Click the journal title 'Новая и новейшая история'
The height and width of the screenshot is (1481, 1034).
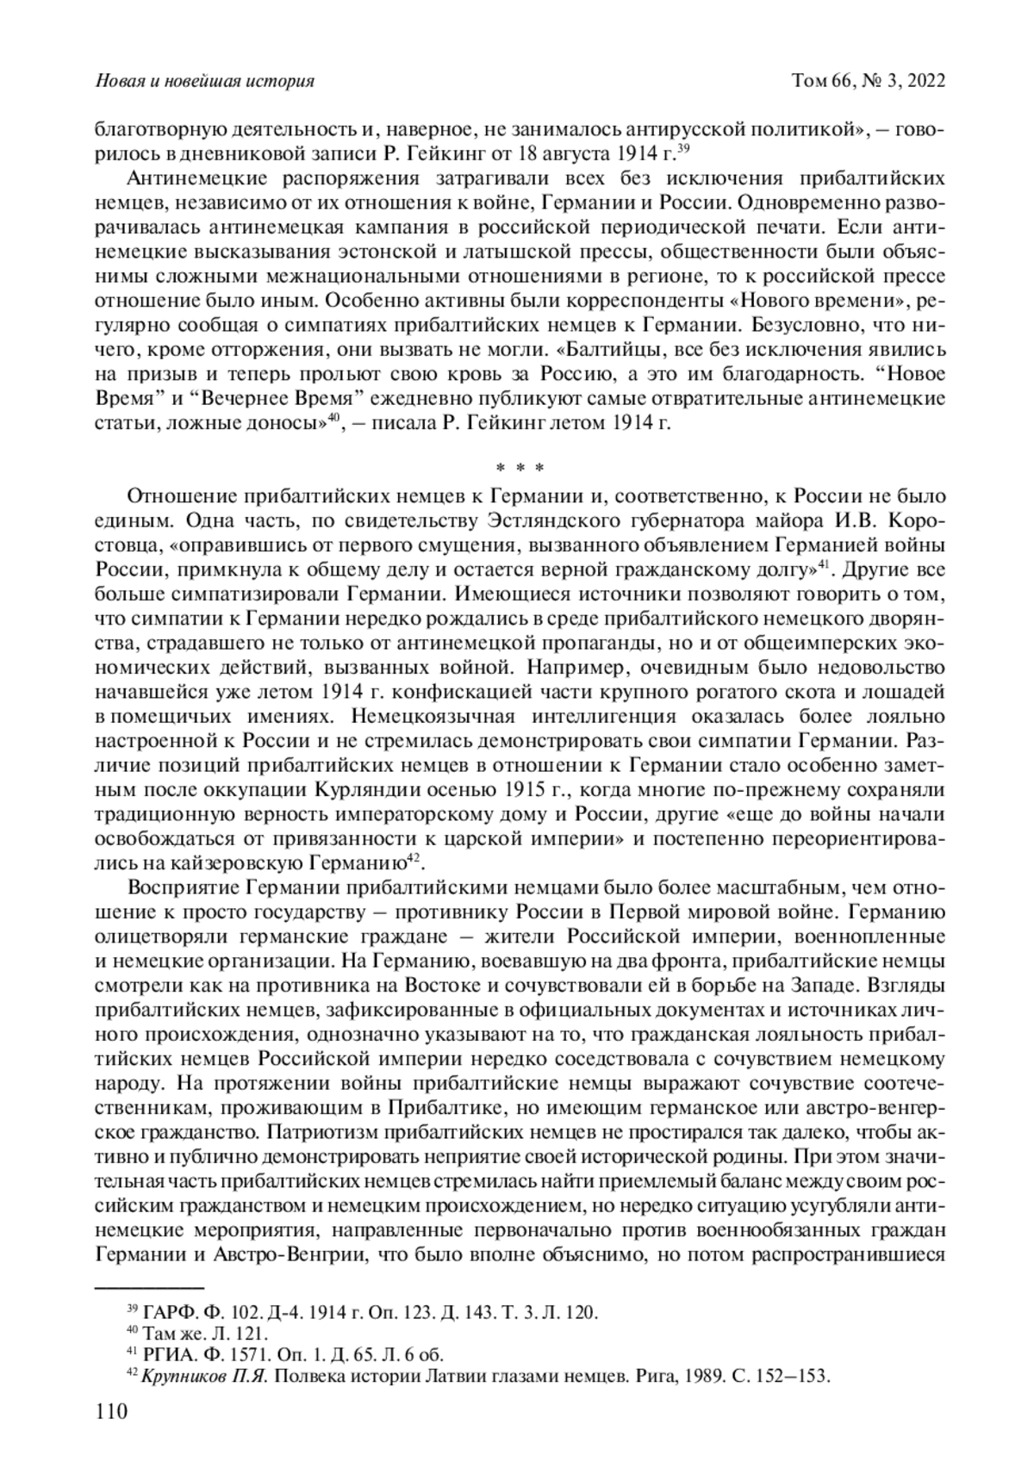click(x=203, y=82)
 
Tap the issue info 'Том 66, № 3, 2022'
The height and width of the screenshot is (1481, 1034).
click(x=869, y=82)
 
